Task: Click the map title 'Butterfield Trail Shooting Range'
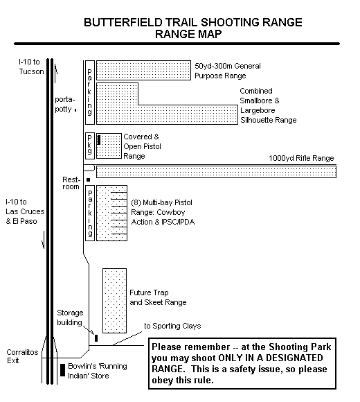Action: (x=193, y=22)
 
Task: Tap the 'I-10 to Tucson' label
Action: (x=31, y=67)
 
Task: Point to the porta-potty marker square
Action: (x=75, y=110)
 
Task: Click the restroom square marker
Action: (x=89, y=180)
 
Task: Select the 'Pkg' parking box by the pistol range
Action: (x=90, y=146)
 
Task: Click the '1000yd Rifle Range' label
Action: (x=301, y=158)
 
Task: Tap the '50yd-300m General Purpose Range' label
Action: (x=228, y=71)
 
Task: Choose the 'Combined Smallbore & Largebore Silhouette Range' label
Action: (x=268, y=105)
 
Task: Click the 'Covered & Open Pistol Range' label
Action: (x=143, y=146)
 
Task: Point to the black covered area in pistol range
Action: (x=98, y=140)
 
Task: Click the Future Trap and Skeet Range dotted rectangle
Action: (x=114, y=301)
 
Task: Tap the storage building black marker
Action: (x=96, y=338)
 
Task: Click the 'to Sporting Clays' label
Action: (x=172, y=326)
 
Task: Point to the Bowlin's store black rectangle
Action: (x=62, y=370)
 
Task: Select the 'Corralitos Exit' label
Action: (x=22, y=356)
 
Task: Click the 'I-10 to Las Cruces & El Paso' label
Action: (x=25, y=211)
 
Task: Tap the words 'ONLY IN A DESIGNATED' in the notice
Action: (x=270, y=358)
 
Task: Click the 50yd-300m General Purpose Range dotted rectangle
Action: (x=143, y=70)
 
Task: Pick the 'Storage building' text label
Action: (x=70, y=317)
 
